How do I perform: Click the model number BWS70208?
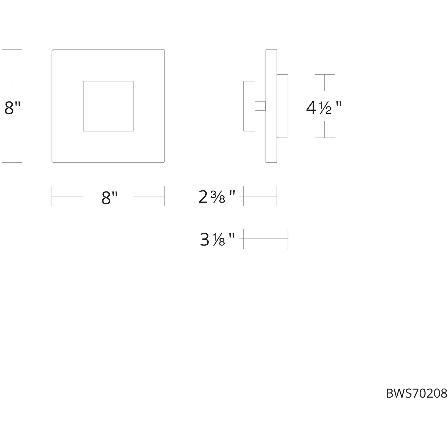pos(416,393)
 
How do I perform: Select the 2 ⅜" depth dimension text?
pos(217,197)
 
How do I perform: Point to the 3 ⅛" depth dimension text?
pos(217,240)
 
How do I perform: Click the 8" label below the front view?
pos(109,198)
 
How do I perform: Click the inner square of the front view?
pos(108,106)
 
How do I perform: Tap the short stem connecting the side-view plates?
pos(260,106)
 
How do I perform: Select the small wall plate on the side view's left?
pos(249,106)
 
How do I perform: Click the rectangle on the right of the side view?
pos(282,106)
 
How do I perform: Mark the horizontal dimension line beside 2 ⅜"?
pos(260,196)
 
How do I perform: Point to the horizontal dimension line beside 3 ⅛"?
pos(266,239)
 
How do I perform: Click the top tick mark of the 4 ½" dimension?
pos(324,74)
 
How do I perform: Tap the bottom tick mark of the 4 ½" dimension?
pos(324,138)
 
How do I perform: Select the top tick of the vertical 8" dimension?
pos(12,50)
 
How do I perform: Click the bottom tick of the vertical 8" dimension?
pos(12,162)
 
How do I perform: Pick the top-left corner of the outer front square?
pos(52,50)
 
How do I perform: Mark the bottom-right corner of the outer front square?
pos(164,162)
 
